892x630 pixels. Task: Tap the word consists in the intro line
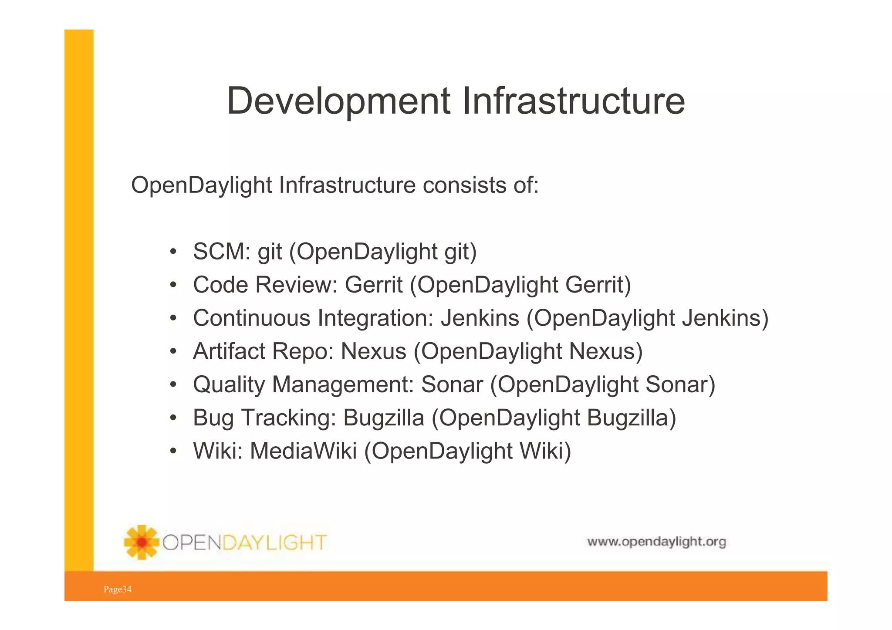tap(461, 185)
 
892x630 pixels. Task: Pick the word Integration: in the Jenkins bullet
tap(375, 318)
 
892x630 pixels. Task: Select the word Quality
tap(229, 385)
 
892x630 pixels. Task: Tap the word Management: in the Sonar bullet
tap(343, 384)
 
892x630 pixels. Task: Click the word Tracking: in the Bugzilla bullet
tap(288, 418)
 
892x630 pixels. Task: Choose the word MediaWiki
tap(303, 451)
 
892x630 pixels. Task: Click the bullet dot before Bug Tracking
tap(173, 418)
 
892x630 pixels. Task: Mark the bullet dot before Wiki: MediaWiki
tap(173, 451)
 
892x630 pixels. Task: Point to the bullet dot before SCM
tap(173, 252)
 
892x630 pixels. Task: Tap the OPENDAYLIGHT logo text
tap(244, 542)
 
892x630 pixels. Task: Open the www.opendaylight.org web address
tap(656, 542)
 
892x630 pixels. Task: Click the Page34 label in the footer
tap(117, 590)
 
